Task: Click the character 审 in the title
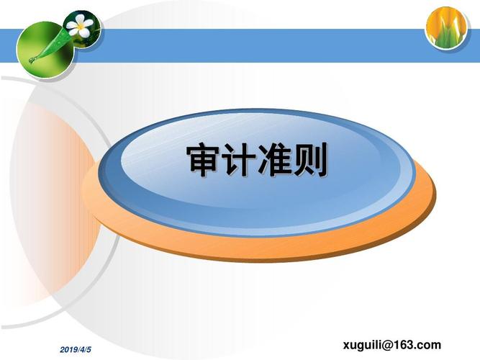point(204,160)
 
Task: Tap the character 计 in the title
point(238,160)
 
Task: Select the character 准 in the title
point(274,160)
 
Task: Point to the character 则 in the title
point(309,160)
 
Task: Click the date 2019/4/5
point(76,350)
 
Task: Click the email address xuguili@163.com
point(392,345)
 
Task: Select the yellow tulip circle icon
point(447,28)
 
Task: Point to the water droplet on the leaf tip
point(32,60)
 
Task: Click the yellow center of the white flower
point(80,27)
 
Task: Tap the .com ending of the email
point(429,345)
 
